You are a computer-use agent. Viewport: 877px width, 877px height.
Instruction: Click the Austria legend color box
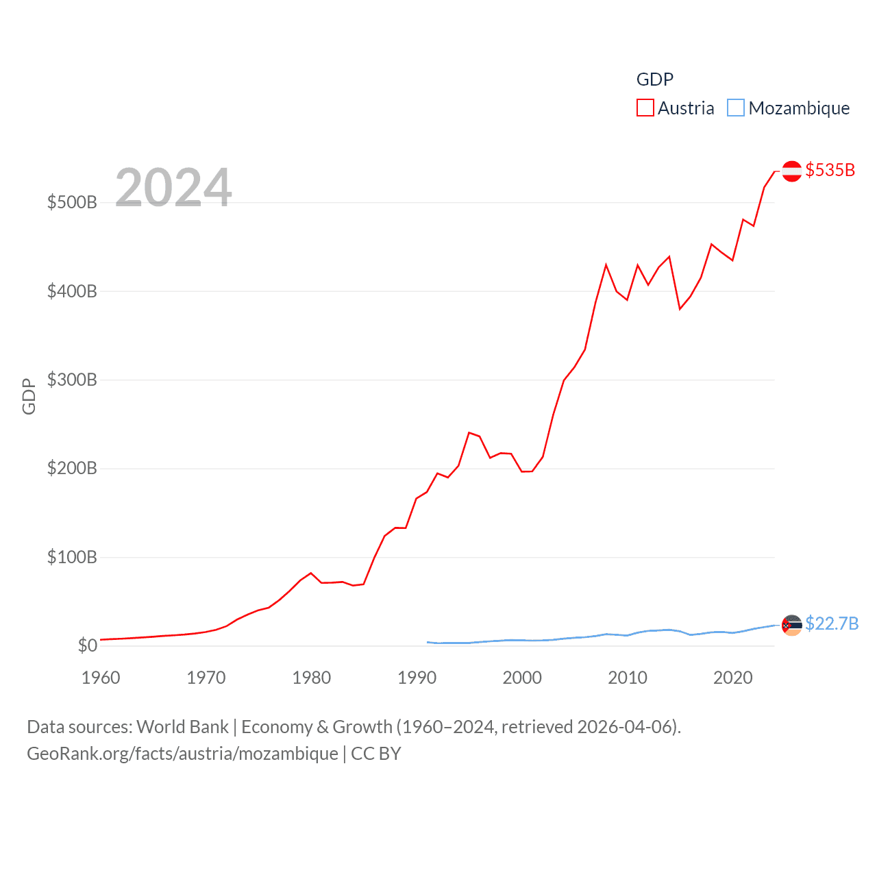[x=645, y=108]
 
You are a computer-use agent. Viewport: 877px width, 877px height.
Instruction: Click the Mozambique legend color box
[x=735, y=108]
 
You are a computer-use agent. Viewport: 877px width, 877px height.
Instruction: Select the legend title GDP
[x=654, y=79]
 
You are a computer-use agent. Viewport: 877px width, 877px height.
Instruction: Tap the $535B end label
[x=830, y=170]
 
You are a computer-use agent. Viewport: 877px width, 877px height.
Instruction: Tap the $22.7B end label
[x=831, y=623]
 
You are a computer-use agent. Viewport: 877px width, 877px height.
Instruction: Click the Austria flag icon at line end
[x=791, y=171]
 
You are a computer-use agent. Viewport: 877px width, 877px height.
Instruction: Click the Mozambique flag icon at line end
[x=791, y=625]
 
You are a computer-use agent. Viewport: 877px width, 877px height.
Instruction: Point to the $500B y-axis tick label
[x=72, y=203]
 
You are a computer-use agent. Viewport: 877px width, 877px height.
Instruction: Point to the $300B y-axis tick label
[x=72, y=380]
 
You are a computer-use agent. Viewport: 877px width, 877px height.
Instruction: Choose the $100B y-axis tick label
[x=72, y=557]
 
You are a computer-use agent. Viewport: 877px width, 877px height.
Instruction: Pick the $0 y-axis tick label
[x=87, y=645]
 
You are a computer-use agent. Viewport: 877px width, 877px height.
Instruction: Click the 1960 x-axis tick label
[x=101, y=678]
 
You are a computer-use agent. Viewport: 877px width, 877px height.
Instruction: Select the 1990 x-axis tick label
[x=417, y=678]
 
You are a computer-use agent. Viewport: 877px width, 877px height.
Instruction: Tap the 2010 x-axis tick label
[x=628, y=678]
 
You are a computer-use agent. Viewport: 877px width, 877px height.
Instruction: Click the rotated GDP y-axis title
[x=29, y=396]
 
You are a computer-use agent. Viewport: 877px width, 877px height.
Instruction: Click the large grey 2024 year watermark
[x=173, y=188]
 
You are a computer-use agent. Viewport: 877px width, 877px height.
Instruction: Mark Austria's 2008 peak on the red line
[x=606, y=264]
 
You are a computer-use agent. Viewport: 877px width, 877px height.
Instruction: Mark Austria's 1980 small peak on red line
[x=311, y=573]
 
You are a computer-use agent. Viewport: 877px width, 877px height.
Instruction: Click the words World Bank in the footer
[x=183, y=727]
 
